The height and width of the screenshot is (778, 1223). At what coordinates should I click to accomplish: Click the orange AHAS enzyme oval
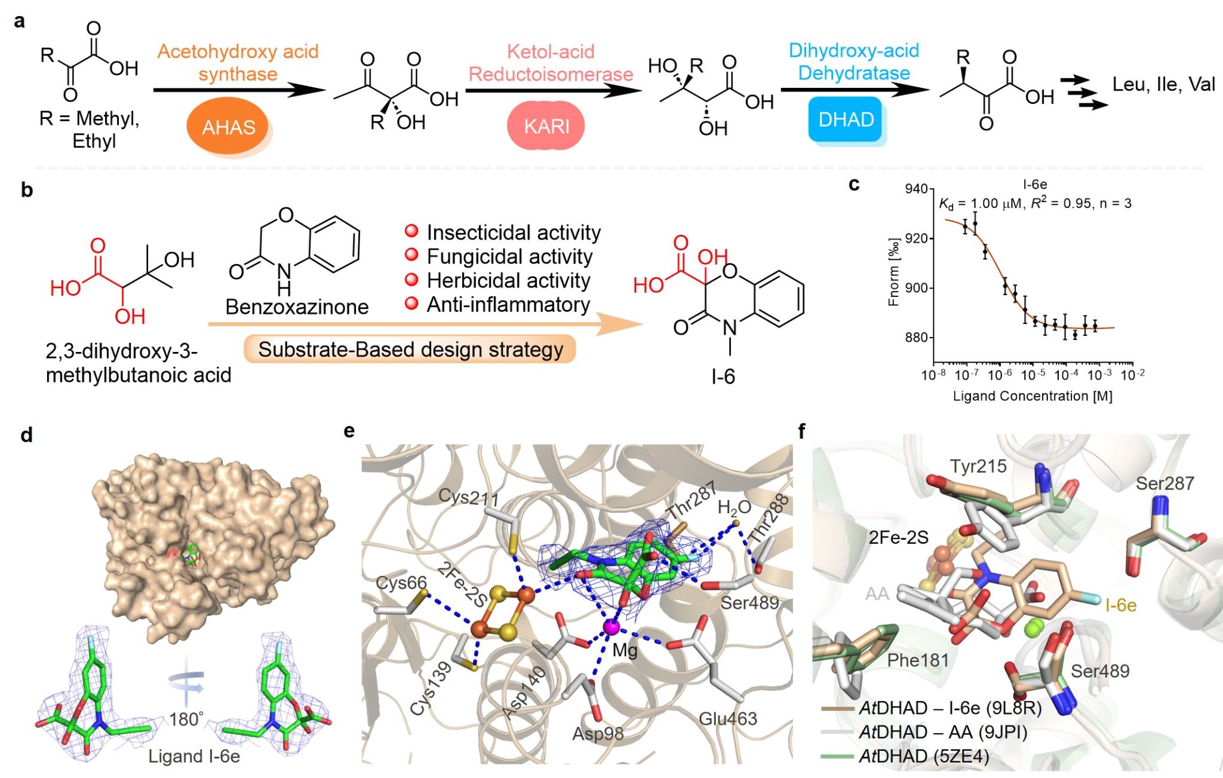(228, 127)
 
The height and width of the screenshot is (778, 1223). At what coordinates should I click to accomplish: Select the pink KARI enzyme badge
(546, 126)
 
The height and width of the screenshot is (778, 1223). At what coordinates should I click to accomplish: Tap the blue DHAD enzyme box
(846, 120)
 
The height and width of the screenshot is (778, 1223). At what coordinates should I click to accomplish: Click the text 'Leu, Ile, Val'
(1163, 84)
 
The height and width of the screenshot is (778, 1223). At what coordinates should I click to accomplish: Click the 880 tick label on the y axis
(916, 338)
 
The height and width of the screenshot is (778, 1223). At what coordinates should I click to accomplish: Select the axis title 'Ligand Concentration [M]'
(1033, 396)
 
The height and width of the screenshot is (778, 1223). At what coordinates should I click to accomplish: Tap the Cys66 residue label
(401, 583)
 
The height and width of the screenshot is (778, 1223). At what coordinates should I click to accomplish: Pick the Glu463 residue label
(728, 718)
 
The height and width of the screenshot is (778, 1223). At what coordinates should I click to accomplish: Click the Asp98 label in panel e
(598, 733)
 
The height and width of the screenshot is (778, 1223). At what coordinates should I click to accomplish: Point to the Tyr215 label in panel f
(978, 466)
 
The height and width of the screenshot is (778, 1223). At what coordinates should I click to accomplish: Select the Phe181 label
(918, 660)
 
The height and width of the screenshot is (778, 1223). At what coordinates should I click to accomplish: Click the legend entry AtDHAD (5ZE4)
(924, 756)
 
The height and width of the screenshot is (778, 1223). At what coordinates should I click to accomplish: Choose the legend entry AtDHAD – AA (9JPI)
(943, 732)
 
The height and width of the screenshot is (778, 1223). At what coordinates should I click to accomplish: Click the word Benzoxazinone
(297, 307)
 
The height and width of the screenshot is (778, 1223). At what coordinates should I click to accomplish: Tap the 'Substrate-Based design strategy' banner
(410, 350)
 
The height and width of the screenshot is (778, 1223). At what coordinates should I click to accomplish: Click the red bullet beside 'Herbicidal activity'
(411, 279)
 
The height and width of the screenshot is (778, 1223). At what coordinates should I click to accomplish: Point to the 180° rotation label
(186, 719)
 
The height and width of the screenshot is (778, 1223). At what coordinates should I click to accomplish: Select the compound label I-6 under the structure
(723, 376)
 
